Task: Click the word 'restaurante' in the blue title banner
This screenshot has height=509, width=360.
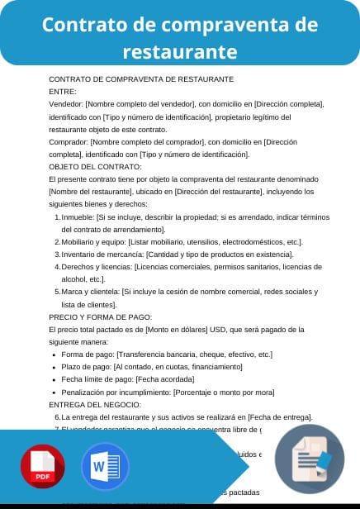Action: (180, 52)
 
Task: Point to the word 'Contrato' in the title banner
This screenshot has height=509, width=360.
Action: (80, 25)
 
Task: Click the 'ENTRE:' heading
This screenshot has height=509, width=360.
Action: (63, 92)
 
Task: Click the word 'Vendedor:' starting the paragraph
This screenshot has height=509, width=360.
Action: (66, 104)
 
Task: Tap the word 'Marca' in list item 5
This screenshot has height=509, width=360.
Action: (72, 292)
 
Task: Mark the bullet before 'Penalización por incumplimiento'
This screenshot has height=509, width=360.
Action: (54, 392)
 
